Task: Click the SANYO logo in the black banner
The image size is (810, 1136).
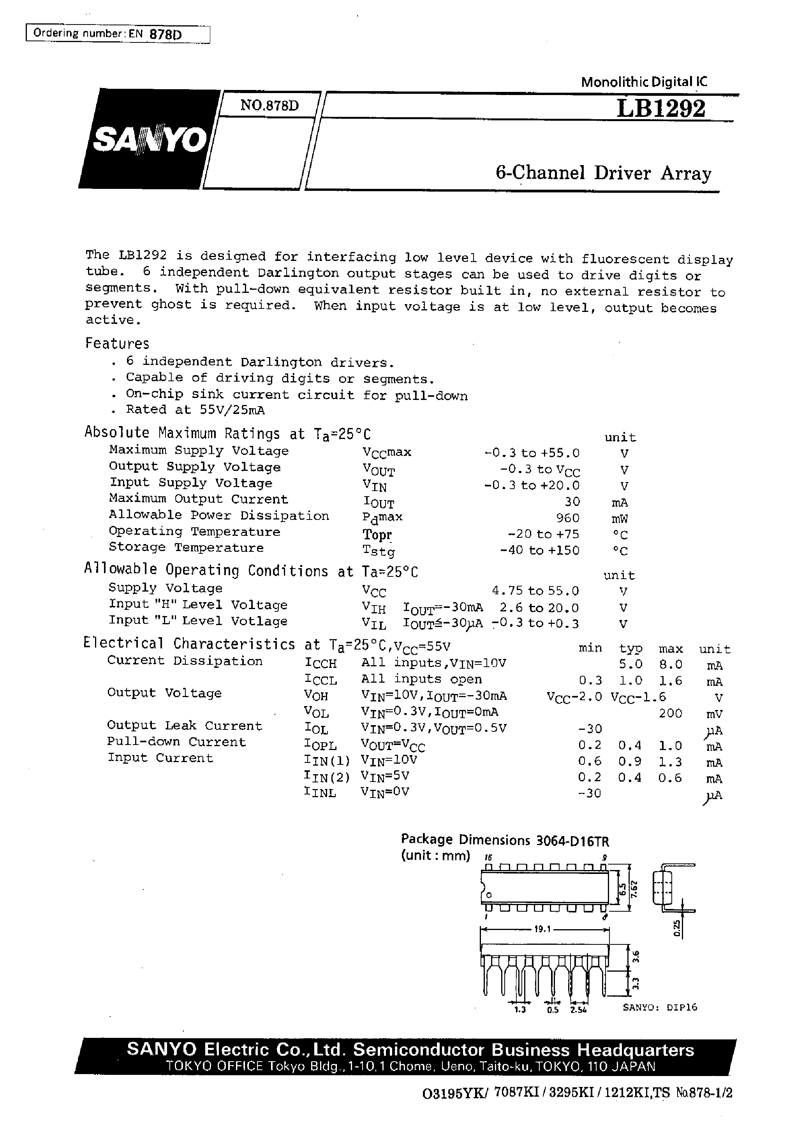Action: tap(149, 140)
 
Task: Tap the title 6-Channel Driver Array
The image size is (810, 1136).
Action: tap(603, 173)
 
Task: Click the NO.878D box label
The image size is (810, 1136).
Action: tap(269, 105)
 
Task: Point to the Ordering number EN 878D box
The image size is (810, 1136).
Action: tap(118, 34)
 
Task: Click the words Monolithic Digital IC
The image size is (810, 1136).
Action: tap(644, 82)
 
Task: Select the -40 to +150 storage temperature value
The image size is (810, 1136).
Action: tap(539, 550)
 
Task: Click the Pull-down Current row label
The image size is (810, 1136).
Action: tap(176, 741)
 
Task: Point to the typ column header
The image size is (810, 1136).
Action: tap(630, 649)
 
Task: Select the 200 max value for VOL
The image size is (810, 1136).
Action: tap(670, 713)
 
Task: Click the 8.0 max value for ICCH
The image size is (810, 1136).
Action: tap(670, 664)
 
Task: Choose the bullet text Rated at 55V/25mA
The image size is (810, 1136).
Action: tap(195, 410)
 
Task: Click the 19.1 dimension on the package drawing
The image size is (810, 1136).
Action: tap(542, 929)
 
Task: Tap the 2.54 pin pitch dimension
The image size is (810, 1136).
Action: tap(579, 1010)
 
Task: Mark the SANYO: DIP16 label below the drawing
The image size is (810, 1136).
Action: tap(660, 1007)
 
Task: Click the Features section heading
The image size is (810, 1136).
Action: tap(117, 343)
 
